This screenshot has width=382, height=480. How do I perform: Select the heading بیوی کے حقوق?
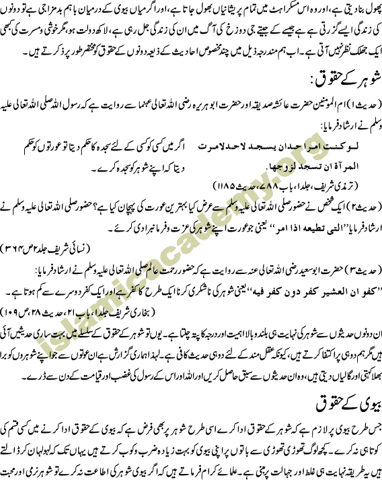tap(349, 404)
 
